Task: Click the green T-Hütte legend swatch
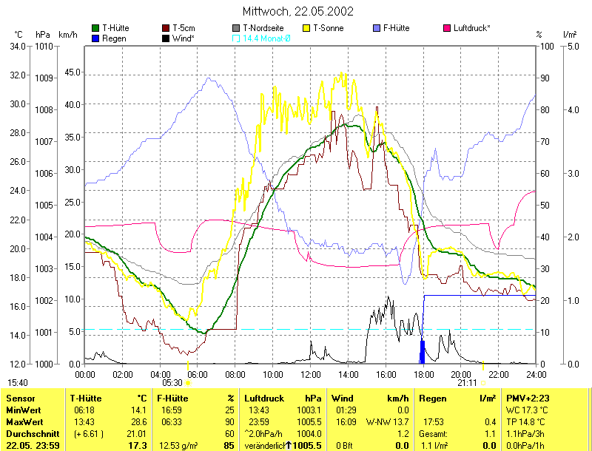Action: tap(96, 28)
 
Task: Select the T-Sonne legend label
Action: tap(329, 28)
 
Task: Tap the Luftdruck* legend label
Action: tap(471, 28)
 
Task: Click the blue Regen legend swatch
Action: tap(96, 38)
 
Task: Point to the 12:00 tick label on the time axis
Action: tap(310, 374)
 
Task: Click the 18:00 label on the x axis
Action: tap(423, 374)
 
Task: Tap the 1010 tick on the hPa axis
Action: tap(44, 46)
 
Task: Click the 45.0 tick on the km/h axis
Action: tap(71, 72)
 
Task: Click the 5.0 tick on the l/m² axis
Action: tap(572, 46)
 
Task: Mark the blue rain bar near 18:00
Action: tap(423, 352)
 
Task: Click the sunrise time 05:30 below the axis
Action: tap(172, 383)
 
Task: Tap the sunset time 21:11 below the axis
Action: tap(467, 383)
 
